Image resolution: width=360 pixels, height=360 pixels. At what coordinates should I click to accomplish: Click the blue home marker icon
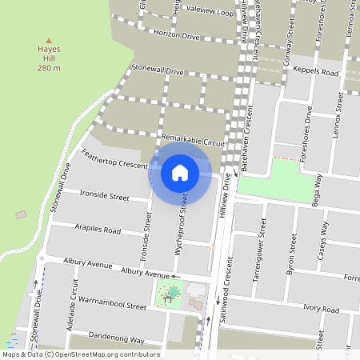point(180,172)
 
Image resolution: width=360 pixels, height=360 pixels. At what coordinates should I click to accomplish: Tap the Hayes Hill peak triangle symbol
point(49,39)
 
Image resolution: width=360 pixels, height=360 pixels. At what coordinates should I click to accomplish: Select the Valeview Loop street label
point(210,14)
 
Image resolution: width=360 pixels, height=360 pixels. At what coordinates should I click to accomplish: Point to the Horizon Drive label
point(176,36)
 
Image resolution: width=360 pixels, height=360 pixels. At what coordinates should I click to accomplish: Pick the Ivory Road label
point(322,308)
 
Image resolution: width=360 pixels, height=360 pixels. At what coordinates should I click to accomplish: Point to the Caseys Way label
point(325,241)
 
